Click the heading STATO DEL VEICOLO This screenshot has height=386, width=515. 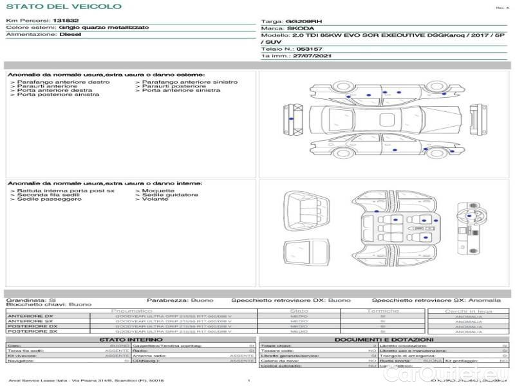(x=64, y=6)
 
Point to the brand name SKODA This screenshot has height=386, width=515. (x=301, y=29)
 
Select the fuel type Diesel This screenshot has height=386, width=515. (x=70, y=35)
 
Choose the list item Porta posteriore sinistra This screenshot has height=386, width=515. (x=58, y=95)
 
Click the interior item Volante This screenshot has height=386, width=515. (x=154, y=199)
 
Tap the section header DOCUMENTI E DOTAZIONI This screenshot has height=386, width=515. (x=383, y=339)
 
